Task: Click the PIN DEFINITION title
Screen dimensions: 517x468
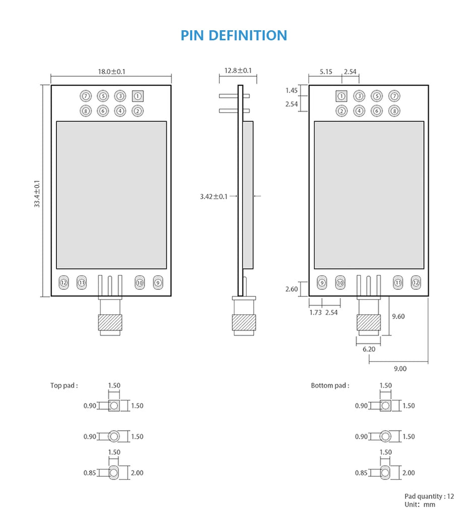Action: (x=234, y=35)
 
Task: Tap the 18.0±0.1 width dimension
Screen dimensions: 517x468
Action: (x=111, y=72)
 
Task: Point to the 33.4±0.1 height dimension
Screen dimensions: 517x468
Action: (x=37, y=194)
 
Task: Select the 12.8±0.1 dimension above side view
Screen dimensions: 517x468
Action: (x=238, y=71)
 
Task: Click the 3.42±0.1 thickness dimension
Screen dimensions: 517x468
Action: (x=214, y=196)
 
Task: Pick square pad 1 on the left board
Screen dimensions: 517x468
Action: (x=137, y=96)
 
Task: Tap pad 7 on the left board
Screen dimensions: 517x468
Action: (x=86, y=96)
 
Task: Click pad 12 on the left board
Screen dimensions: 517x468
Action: (x=64, y=283)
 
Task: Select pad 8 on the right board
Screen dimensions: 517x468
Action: (x=394, y=111)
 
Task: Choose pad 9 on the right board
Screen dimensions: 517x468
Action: (x=322, y=283)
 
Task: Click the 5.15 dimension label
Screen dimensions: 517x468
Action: (x=326, y=72)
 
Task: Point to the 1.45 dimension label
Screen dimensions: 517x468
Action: (x=291, y=91)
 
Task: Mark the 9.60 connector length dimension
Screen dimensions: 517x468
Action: (x=398, y=317)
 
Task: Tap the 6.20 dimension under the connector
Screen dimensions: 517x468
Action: (x=369, y=349)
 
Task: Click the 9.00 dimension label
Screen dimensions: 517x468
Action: (x=400, y=369)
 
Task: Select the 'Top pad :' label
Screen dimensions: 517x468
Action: (x=64, y=386)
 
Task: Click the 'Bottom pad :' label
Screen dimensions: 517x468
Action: (x=330, y=386)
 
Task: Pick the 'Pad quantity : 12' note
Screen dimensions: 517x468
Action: (x=429, y=496)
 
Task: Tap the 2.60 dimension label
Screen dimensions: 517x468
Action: (x=291, y=289)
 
